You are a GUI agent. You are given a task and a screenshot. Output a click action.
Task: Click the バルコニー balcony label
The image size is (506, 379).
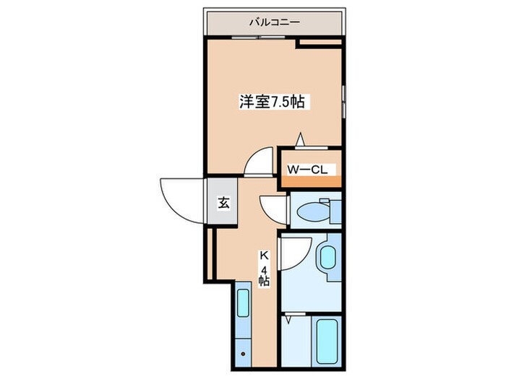pyautogui.click(x=275, y=22)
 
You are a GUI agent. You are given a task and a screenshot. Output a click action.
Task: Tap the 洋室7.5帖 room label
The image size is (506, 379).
pyautogui.click(x=275, y=102)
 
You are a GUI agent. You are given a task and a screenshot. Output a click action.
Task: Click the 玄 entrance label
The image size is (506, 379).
pyautogui.click(x=223, y=203)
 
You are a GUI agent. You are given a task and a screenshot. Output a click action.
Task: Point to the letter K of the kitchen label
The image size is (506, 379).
pyautogui.click(x=265, y=255)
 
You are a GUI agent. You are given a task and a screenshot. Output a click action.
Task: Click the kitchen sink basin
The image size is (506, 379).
pyautogui.click(x=243, y=310)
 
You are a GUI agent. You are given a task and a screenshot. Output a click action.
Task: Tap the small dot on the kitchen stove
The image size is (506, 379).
pyautogui.click(x=243, y=354)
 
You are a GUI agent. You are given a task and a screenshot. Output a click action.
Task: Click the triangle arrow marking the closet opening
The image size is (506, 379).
pyautogui.click(x=300, y=139)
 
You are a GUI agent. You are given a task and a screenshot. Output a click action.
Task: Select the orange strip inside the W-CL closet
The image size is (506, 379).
pyautogui.click(x=309, y=182)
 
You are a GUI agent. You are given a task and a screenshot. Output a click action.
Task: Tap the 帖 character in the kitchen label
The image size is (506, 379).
pyautogui.click(x=265, y=282)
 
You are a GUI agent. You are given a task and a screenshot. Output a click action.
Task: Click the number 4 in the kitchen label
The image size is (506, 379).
pyautogui.click(x=265, y=269)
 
